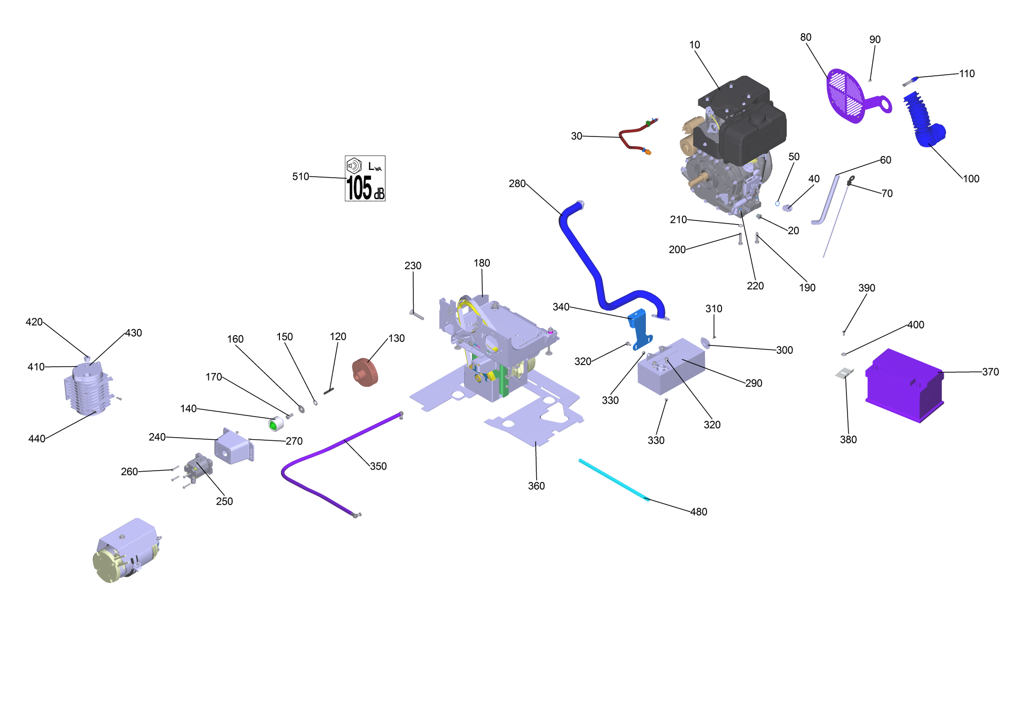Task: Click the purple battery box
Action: [904, 385]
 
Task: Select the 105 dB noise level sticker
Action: [365, 178]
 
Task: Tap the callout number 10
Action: [695, 45]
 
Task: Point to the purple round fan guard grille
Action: [846, 96]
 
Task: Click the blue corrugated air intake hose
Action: [924, 120]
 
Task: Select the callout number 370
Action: [990, 372]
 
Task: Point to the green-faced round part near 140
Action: [275, 424]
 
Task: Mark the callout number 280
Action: [517, 184]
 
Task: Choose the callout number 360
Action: [536, 486]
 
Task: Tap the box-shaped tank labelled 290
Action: [671, 367]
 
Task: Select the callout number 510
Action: [301, 177]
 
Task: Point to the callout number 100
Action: [971, 179]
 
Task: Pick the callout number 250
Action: [224, 502]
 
